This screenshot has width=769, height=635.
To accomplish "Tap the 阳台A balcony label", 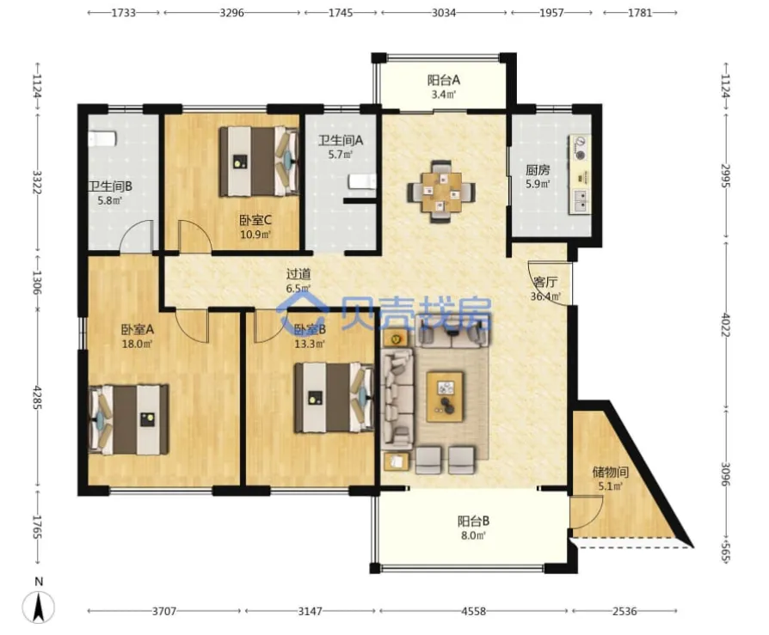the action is click(x=443, y=80).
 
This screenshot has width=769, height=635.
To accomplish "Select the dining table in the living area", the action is click(x=441, y=192).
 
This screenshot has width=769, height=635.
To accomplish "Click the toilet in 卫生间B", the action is click(x=102, y=138).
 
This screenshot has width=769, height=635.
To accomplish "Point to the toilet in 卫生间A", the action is click(x=362, y=182).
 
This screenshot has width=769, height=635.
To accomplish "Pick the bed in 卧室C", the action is click(x=259, y=162).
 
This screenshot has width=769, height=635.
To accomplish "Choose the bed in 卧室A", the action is click(x=128, y=419).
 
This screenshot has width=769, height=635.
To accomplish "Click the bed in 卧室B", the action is click(x=334, y=397).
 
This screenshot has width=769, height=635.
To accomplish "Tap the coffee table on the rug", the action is click(x=445, y=396).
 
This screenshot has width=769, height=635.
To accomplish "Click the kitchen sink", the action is click(x=580, y=201).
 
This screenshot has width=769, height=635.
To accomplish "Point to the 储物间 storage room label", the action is click(x=610, y=472).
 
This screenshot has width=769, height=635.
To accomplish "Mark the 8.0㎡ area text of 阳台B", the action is click(x=473, y=535).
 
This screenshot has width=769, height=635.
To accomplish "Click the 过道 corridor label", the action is click(x=298, y=274).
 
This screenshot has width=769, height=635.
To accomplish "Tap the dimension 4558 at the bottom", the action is click(x=474, y=611).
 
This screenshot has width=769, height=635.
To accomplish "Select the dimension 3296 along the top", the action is click(x=231, y=12).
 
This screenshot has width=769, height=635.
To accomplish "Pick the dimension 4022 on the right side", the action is click(x=726, y=324).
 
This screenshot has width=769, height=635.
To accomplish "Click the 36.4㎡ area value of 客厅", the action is click(x=545, y=296).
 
